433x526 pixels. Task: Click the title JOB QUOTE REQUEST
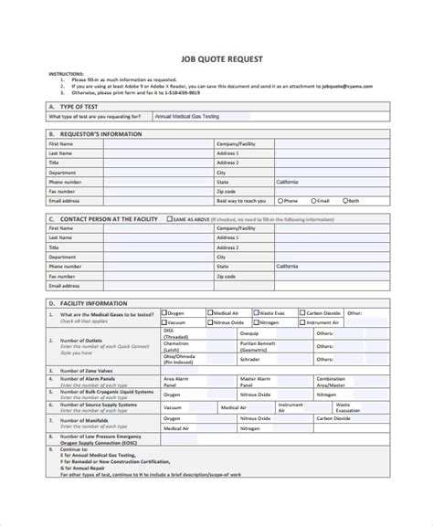[x=216, y=59]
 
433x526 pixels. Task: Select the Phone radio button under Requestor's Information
[x=278, y=200]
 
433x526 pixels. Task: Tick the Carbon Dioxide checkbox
[x=301, y=312]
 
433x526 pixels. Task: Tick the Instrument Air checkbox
[x=301, y=322]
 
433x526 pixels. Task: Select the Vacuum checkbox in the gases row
[x=164, y=322]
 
